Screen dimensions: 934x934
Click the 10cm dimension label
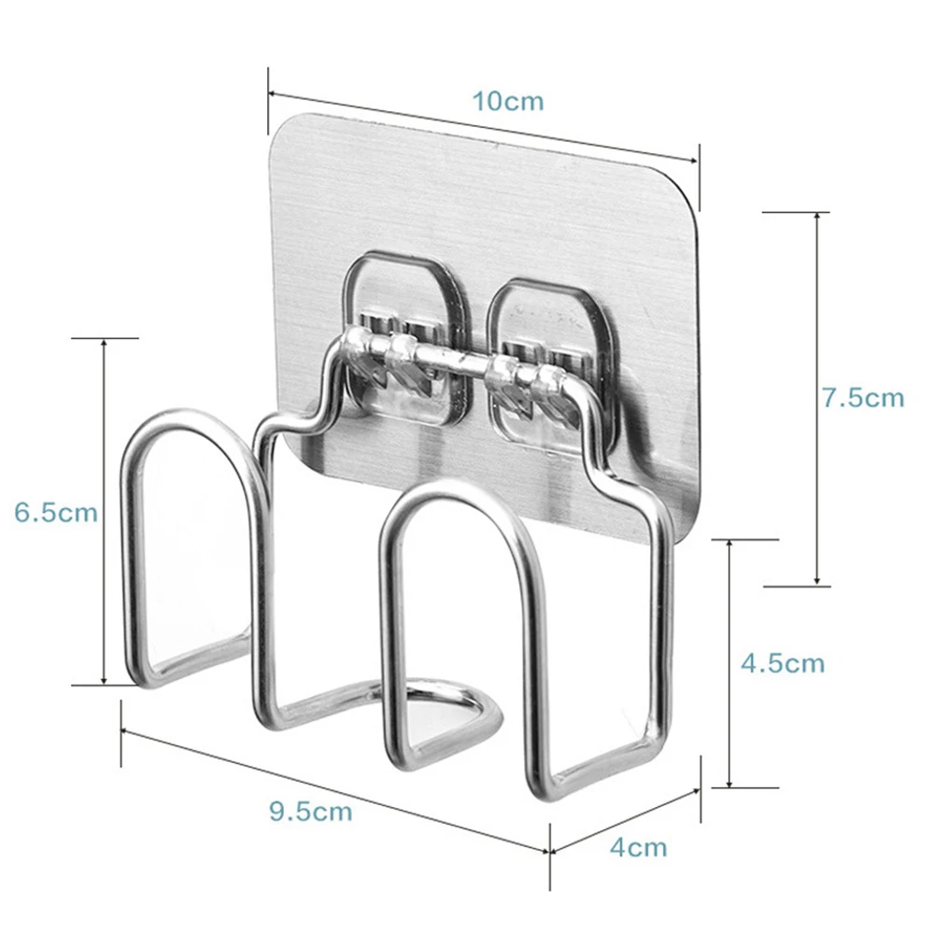tap(508, 101)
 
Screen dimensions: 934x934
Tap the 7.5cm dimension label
tap(864, 397)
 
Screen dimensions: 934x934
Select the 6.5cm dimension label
tap(56, 512)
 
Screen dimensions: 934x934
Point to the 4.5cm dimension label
tap(783, 663)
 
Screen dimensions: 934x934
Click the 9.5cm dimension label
tap(311, 812)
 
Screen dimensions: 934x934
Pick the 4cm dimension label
tap(638, 847)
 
